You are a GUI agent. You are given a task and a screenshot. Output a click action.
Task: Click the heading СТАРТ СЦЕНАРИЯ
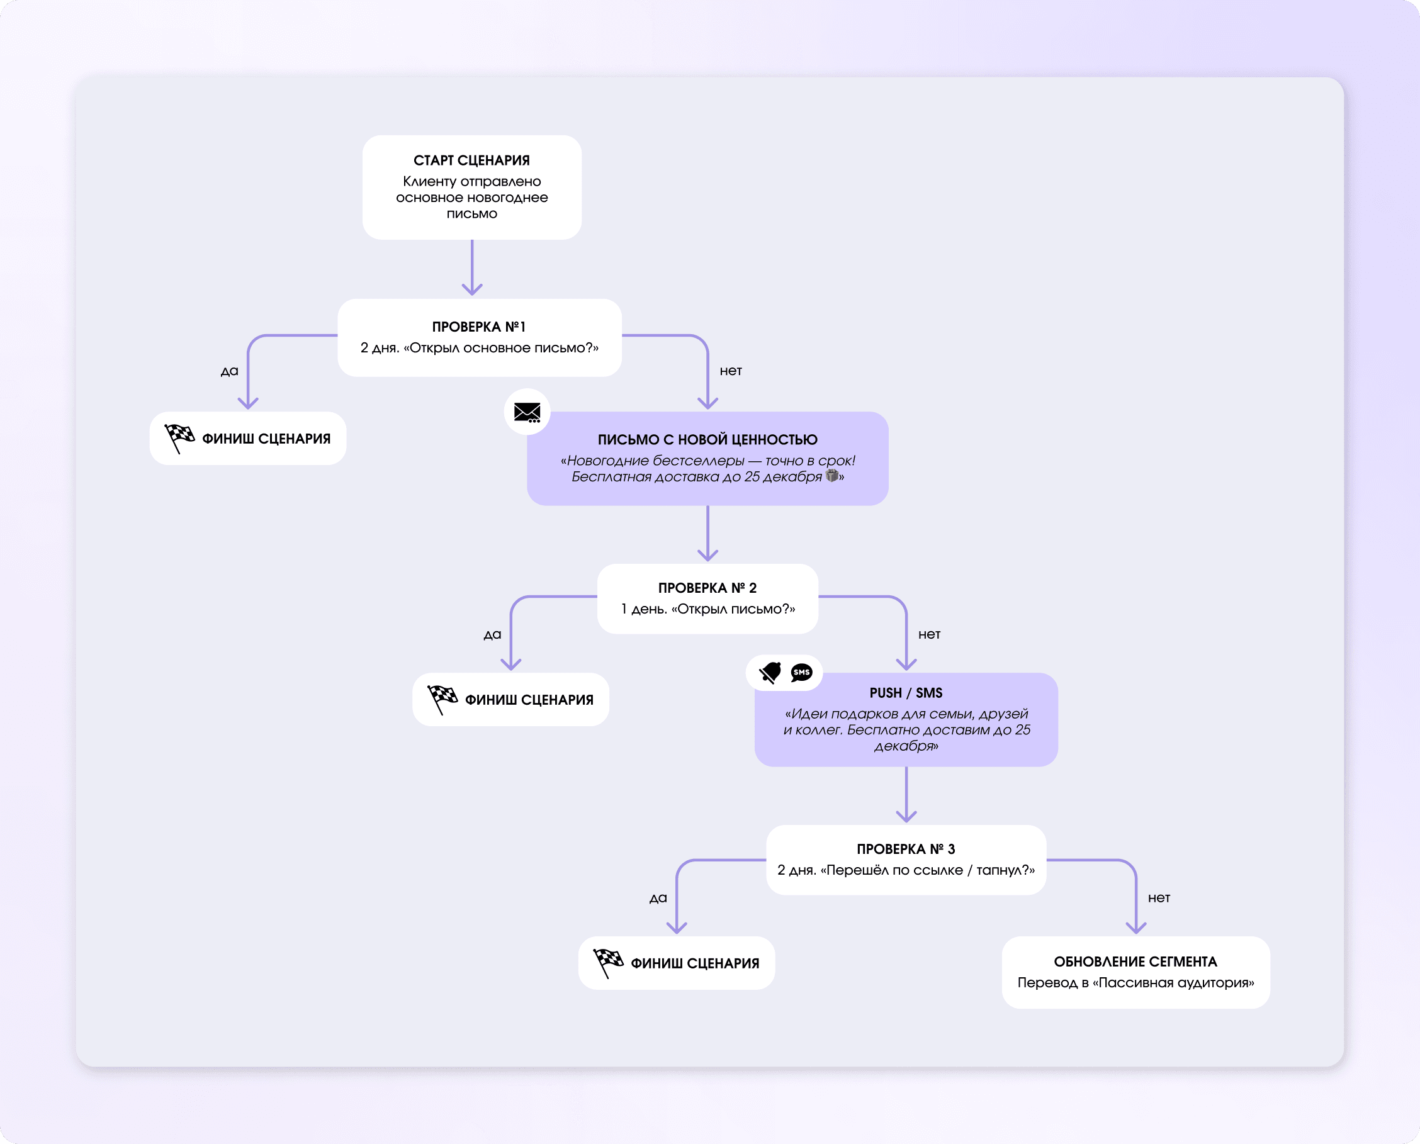click(x=471, y=160)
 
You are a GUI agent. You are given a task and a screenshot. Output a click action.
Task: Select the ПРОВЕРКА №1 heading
click(x=478, y=327)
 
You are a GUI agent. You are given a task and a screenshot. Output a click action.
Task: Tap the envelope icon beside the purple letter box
click(x=527, y=412)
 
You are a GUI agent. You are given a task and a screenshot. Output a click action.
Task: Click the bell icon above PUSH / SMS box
click(x=770, y=672)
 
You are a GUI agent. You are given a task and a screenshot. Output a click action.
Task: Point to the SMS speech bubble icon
click(x=801, y=672)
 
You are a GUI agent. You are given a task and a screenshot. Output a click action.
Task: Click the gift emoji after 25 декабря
click(x=832, y=476)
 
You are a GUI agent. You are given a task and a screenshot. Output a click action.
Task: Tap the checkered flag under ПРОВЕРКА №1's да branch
click(x=179, y=437)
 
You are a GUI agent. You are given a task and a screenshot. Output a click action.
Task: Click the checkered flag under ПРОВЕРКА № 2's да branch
click(x=442, y=698)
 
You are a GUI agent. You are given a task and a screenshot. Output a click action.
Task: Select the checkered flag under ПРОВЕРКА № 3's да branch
click(x=607, y=962)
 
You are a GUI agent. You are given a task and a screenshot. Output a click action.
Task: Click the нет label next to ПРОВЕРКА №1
click(x=730, y=371)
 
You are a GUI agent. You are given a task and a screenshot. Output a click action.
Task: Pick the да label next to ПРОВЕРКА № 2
click(x=492, y=634)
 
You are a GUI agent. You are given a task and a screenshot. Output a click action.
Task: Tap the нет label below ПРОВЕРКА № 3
click(x=1158, y=897)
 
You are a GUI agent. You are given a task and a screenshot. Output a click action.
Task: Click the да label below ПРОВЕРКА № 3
click(x=658, y=898)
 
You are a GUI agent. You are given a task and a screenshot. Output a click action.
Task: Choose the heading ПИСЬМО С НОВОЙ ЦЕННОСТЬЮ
click(x=707, y=440)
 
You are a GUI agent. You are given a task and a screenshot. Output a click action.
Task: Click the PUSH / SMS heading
click(x=905, y=693)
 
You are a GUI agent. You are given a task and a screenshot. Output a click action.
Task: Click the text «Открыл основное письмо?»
click(x=501, y=348)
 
